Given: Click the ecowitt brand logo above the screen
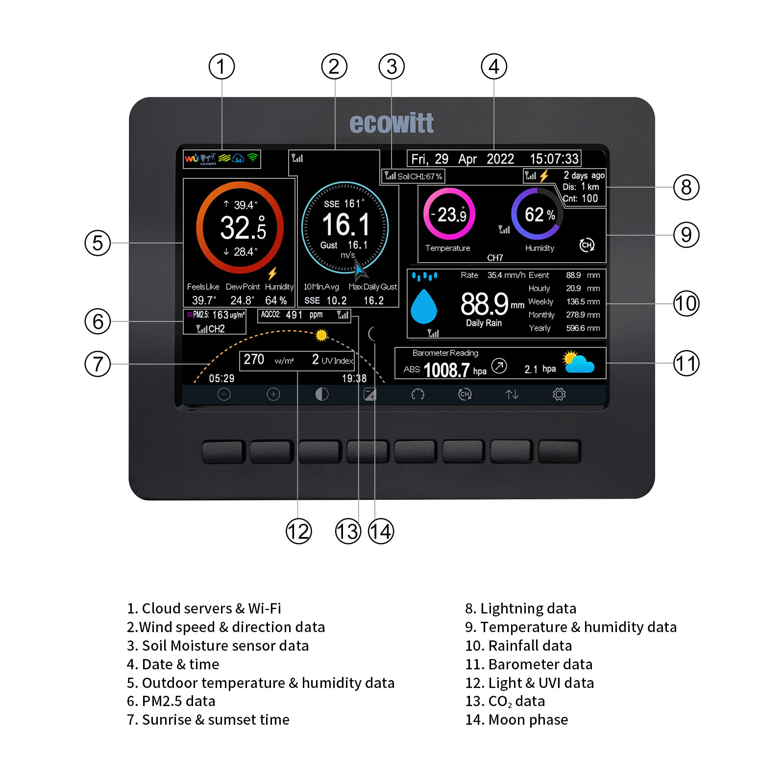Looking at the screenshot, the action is tap(392, 123).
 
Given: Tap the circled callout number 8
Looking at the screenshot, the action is tap(686, 187).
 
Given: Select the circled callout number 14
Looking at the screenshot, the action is tap(381, 531).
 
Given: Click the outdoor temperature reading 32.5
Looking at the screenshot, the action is tap(243, 228).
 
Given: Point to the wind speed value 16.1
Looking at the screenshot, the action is tap(345, 225).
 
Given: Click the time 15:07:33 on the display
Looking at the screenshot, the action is tap(554, 159).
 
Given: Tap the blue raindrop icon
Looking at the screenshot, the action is tap(424, 306).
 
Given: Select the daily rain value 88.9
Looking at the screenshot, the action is tap(484, 304).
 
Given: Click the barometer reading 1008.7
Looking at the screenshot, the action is tap(446, 370).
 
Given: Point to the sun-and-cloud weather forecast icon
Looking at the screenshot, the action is tap(579, 362).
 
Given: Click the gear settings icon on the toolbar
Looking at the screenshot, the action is tap(559, 394).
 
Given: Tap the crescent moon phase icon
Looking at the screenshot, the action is tap(371, 334).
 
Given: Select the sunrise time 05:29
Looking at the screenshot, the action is tap(221, 378).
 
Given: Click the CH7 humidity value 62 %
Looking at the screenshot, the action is tap(539, 215).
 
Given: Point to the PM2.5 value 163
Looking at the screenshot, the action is tap(220, 315).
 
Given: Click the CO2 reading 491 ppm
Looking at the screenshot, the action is tap(304, 315).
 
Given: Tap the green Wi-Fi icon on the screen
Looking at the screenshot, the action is tap(253, 157).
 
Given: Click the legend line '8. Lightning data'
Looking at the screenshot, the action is tap(520, 609).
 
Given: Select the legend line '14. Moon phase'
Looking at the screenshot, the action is tap(516, 720).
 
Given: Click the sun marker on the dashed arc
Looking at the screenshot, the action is tap(321, 335).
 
